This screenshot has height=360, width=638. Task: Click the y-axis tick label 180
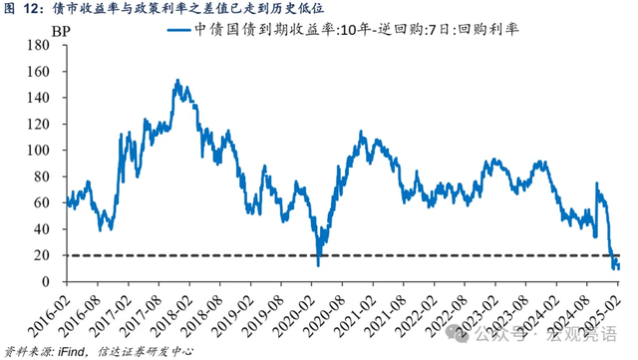(44, 45)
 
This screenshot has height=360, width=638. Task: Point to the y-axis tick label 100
(44, 150)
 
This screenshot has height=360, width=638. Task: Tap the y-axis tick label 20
(48, 254)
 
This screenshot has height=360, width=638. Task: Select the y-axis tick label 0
(52, 281)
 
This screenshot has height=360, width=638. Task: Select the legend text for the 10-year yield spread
(378, 30)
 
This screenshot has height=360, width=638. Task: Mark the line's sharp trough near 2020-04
(319, 264)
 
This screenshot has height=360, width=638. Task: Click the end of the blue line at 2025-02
(619, 266)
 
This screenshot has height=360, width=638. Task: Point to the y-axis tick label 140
(44, 98)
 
